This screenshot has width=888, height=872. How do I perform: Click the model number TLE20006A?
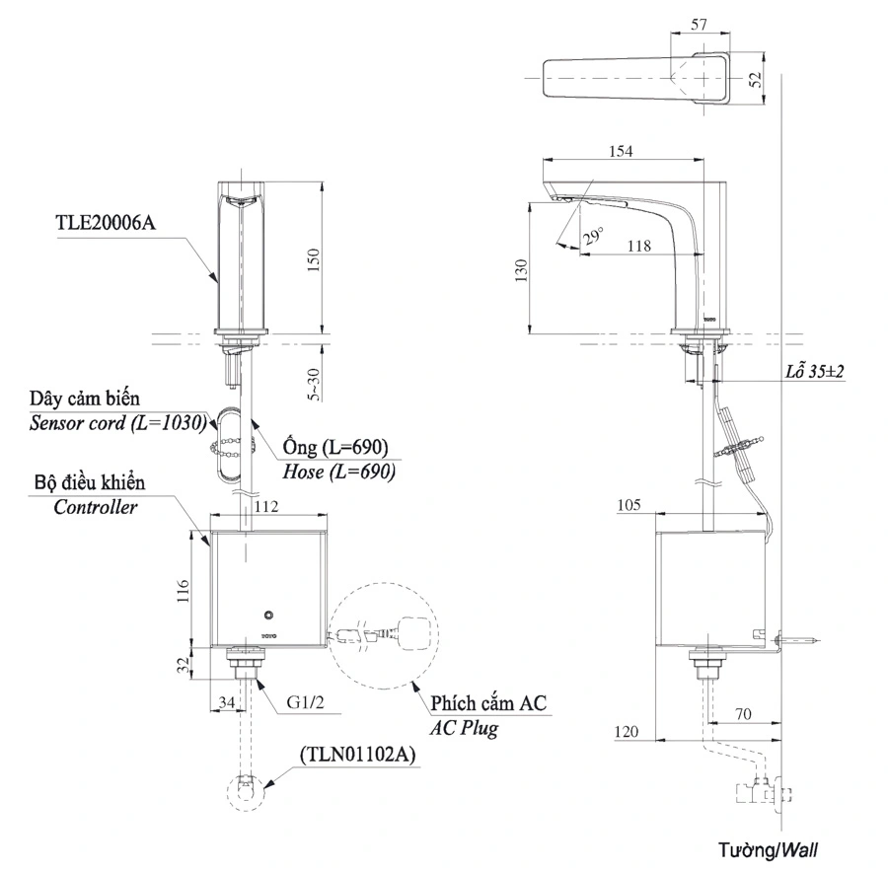106,223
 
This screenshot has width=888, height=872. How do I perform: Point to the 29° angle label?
592,237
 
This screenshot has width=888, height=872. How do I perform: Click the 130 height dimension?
523,269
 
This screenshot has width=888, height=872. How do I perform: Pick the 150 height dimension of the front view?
314,258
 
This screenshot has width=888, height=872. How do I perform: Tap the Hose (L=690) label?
338,472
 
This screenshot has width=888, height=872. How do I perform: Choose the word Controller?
96,507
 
